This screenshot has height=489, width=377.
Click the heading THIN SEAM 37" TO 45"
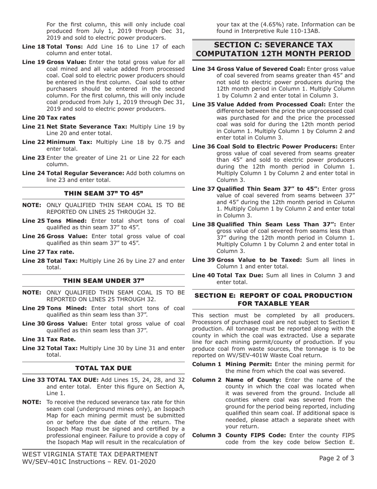pyautogui.click(x=103, y=193)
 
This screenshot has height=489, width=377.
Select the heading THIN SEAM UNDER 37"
pyautogui.click(x=103, y=281)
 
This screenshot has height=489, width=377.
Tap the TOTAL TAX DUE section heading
pyautogui.click(x=103, y=368)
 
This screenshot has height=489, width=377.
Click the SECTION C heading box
pyautogui.click(x=273, y=49)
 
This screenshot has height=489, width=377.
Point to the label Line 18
pyautogui.click(x=33, y=47)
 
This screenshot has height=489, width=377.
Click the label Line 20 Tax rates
pyautogui.click(x=48, y=118)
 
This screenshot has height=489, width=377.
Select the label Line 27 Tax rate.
pyautogui.click(x=48, y=252)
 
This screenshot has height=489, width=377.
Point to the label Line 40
pyautogui.click(x=203, y=275)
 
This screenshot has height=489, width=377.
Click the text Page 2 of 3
pyautogui.click(x=337, y=458)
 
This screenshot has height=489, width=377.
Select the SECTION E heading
pyautogui.click(x=273, y=299)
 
